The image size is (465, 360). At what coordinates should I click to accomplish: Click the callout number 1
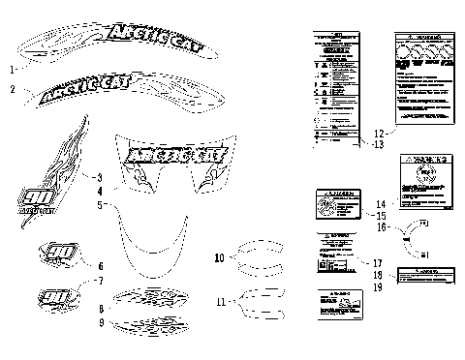coord(12,70)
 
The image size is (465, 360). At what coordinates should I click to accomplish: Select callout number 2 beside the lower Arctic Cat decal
coord(12,89)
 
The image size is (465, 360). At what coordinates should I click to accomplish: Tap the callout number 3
coord(100,177)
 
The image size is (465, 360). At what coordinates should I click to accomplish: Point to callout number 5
coord(100,205)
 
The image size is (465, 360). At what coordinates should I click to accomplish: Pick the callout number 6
coord(100,265)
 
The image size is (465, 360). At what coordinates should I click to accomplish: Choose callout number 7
coord(100,281)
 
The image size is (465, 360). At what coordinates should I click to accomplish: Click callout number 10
coord(219,258)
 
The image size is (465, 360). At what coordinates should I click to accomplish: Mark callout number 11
coord(221,302)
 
